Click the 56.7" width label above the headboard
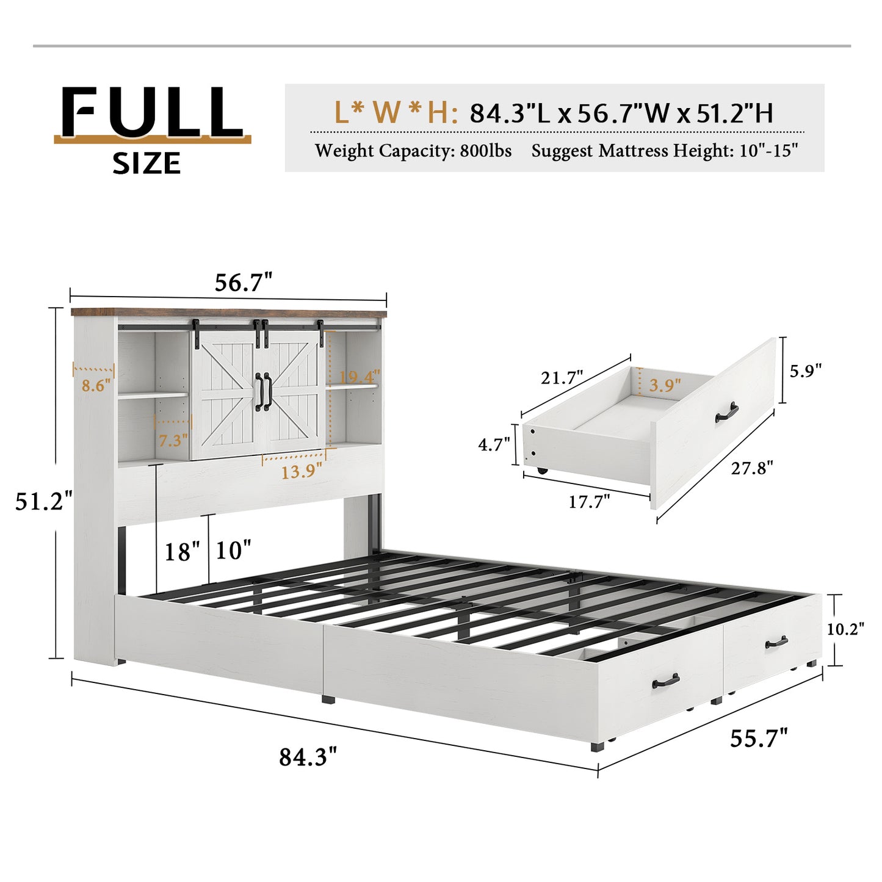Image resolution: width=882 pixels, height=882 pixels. point(243,283)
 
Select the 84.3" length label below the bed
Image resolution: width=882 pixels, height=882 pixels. point(308,757)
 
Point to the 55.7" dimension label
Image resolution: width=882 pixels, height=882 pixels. point(759,738)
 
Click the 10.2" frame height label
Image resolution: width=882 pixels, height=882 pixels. point(845,629)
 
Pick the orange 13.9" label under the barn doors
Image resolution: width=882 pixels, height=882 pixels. point(302,471)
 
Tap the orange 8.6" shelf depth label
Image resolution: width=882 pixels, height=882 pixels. point(96,386)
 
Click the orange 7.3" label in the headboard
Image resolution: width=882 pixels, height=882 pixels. point(173,439)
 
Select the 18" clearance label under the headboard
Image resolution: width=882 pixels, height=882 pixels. point(182,552)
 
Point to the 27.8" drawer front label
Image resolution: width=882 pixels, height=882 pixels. point(752,468)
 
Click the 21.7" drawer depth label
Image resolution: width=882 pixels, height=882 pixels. point(562,378)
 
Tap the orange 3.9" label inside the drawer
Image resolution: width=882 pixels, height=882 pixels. point(665,385)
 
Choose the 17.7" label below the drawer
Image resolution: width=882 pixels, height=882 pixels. point(589,502)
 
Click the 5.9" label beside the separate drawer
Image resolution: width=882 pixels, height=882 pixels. point(806,371)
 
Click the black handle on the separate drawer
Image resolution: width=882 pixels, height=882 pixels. point(727,412)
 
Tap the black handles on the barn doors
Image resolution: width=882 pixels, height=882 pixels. point(263,392)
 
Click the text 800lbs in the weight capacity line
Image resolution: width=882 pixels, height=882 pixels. point(486,151)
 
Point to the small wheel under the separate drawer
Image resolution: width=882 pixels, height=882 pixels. point(541,471)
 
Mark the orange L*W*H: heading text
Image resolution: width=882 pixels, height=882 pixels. point(396,113)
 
